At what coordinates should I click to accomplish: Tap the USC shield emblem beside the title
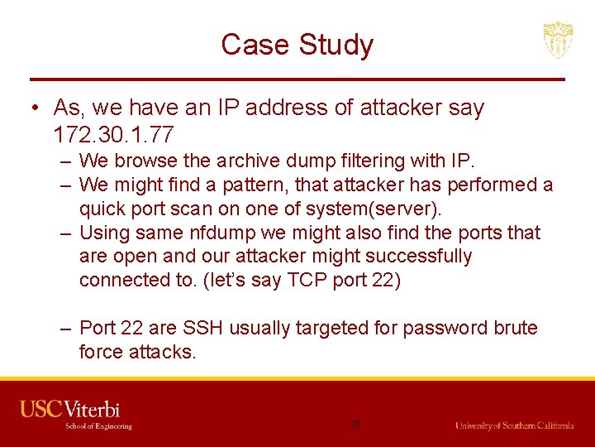tap(558, 40)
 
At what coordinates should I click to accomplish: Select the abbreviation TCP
tap(307, 280)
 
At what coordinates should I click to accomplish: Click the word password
tap(429, 328)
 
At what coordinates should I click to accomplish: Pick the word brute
tap(510, 328)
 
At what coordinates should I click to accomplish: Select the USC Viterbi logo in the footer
tap(76, 414)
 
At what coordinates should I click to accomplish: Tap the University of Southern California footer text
tap(514, 425)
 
